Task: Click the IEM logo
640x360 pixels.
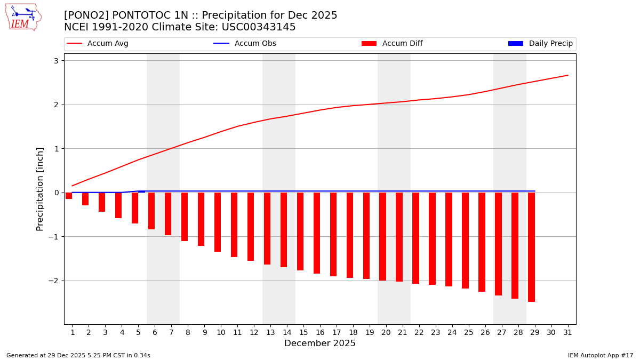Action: (23, 17)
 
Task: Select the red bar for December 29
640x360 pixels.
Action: (531, 247)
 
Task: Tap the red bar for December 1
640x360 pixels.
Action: (69, 196)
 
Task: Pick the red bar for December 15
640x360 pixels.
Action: (300, 231)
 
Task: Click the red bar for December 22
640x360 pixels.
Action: (415, 238)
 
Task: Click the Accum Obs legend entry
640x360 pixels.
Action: (245, 44)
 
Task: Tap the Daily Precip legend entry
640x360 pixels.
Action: (540, 44)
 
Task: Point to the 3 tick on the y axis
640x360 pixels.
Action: (55, 61)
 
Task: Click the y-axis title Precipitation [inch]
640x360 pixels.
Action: (40, 189)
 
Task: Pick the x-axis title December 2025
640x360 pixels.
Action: (320, 343)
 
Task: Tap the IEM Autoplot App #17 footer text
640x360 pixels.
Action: (601, 355)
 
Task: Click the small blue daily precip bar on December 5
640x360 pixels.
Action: (141, 191)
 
